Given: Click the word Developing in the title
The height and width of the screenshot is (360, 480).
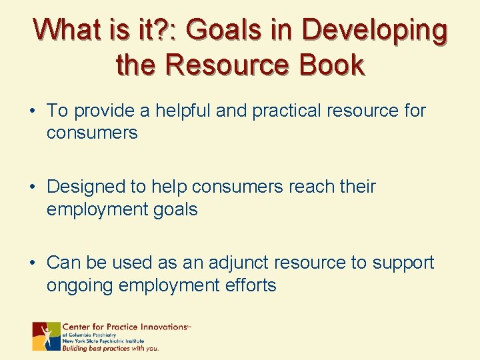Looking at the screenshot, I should [374, 31].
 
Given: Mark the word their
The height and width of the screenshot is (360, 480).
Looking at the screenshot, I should [357, 187].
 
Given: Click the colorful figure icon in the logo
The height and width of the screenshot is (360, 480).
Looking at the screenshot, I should [47, 337].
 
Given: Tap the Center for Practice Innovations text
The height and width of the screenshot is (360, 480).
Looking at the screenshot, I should [125, 327].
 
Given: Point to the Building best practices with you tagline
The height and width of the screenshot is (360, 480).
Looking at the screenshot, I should [111, 348].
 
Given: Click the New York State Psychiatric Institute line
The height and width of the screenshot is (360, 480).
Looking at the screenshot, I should [103, 341].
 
